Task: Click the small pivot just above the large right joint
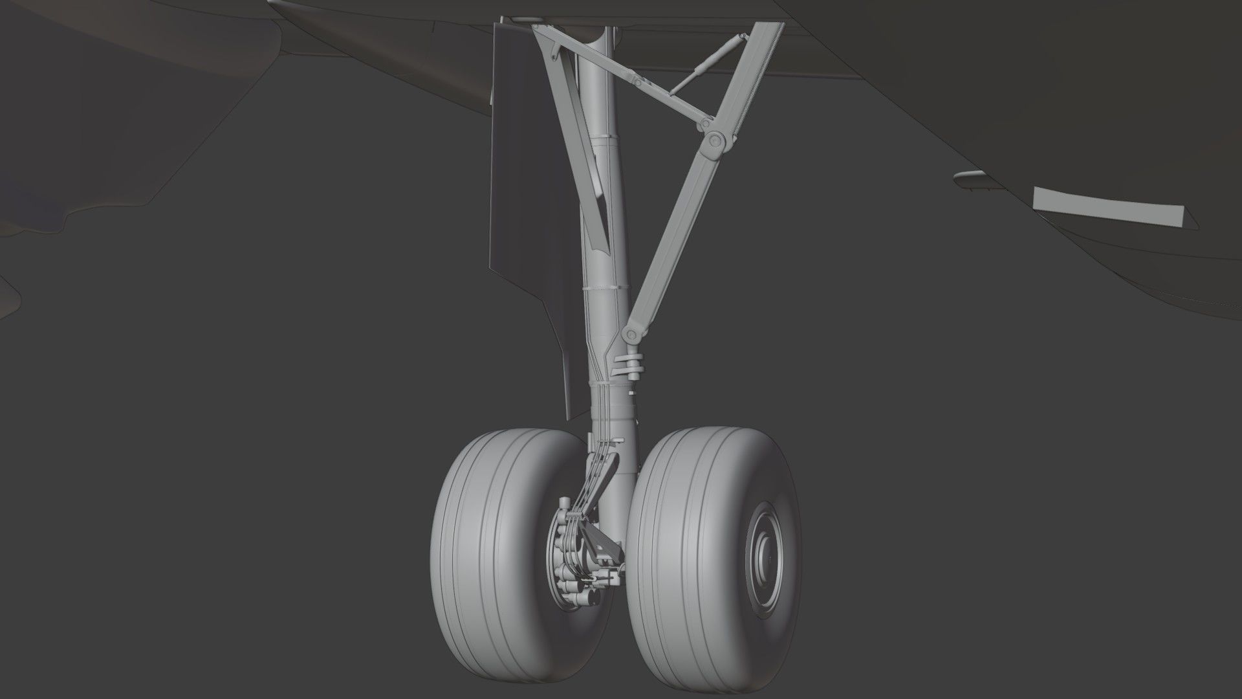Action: (706, 123)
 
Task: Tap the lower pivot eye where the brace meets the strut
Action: (630, 335)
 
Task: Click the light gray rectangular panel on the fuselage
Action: (1106, 207)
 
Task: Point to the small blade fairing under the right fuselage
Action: (970, 177)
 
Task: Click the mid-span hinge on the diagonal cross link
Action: (638, 82)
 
